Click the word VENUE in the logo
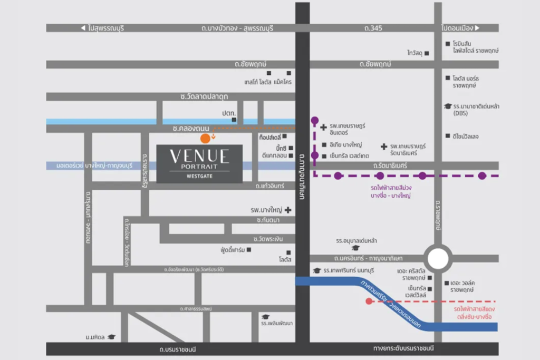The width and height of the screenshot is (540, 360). pos(199,155)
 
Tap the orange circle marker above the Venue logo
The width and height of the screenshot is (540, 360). pos(205,139)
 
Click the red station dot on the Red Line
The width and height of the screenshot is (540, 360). pos(369,301)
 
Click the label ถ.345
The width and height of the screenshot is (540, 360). pos(372,28)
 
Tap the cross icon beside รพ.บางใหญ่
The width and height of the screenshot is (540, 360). pos(288,210)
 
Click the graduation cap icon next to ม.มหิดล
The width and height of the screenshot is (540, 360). pos(111,337)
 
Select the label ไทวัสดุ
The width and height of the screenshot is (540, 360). pos(415,53)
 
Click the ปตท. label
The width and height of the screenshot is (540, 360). pos(229,113)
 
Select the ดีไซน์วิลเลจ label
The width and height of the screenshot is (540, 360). pos(465,136)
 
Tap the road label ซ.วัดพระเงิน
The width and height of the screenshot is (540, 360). pos(272,239)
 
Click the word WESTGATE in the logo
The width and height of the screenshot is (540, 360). pos(199,176)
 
